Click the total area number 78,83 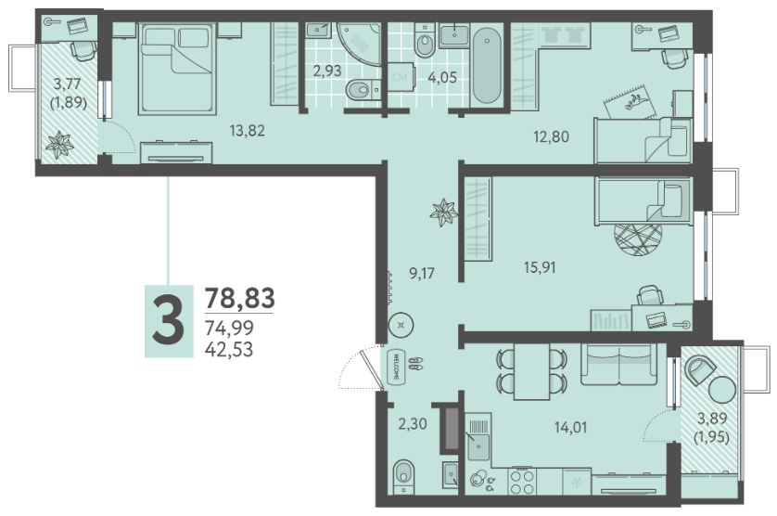click(x=240, y=298)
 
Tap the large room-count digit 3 click(x=169, y=321)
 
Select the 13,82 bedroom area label click(x=248, y=131)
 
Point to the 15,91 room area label click(x=540, y=268)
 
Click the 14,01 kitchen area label click(x=570, y=427)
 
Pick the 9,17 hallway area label click(x=422, y=274)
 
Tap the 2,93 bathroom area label click(x=327, y=71)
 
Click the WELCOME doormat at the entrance click(x=396, y=367)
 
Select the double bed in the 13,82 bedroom click(x=177, y=69)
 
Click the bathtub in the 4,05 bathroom click(x=487, y=66)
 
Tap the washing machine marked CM click(x=400, y=77)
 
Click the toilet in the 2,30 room click(x=403, y=477)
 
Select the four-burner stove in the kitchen click(x=522, y=482)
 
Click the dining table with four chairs click(x=531, y=371)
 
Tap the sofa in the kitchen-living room click(x=619, y=364)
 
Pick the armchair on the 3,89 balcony click(x=699, y=370)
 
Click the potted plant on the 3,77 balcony click(x=59, y=145)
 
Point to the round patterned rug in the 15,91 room click(x=638, y=239)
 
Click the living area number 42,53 click(x=229, y=349)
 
